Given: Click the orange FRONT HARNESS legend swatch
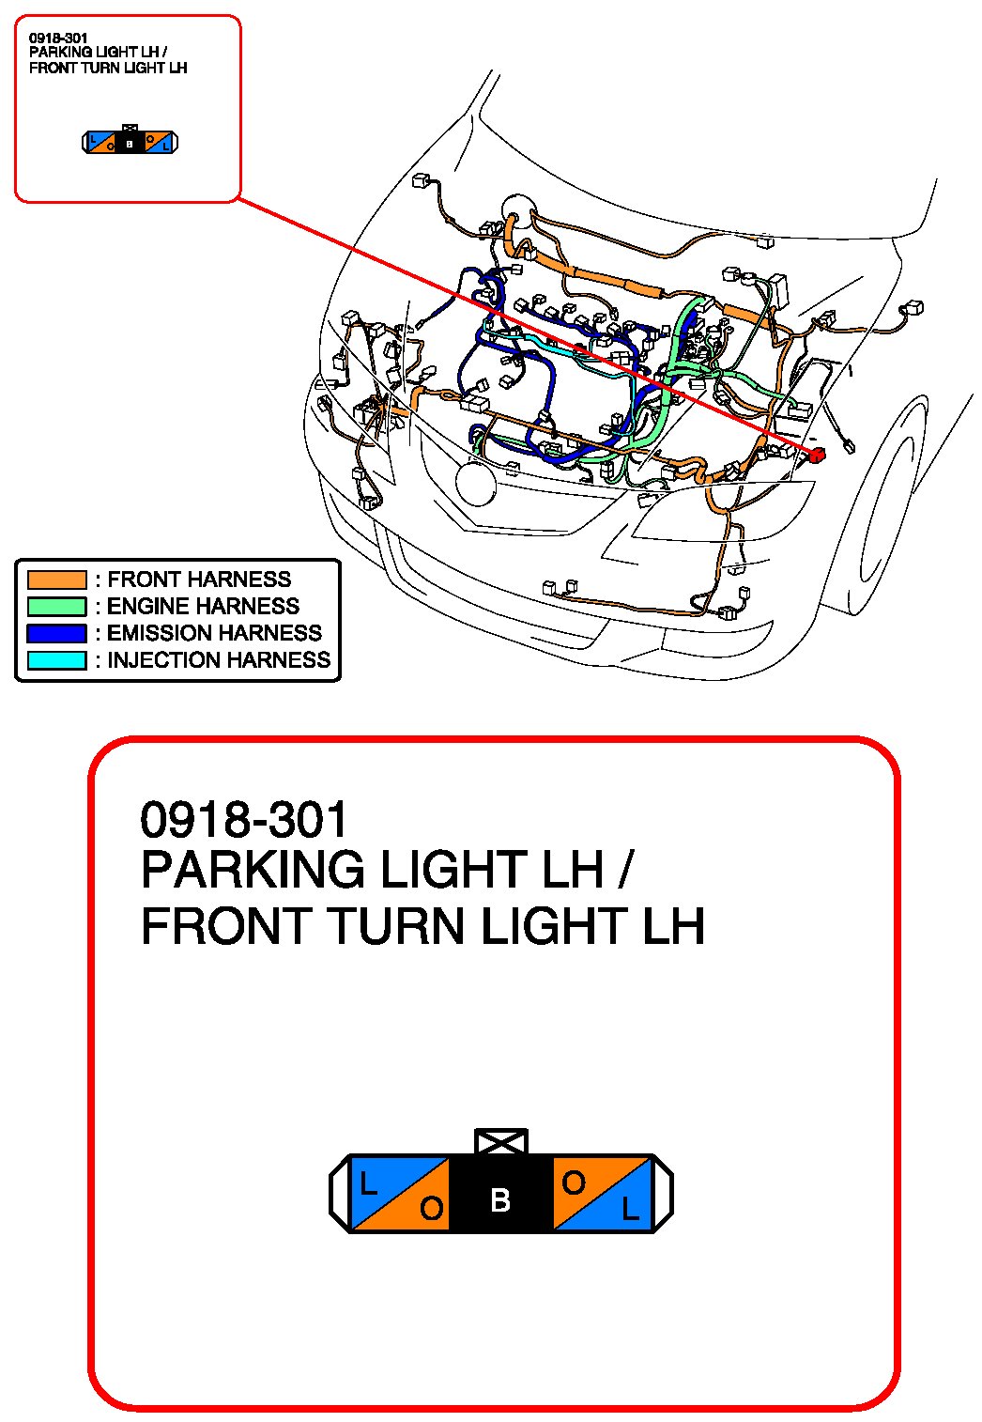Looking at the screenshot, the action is pos(56,580).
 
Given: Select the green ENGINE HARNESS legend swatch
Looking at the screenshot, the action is pos(56,607).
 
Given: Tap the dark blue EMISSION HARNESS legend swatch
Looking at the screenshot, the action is pos(56,633).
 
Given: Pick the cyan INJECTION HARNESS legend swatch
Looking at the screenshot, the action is pos(56,660).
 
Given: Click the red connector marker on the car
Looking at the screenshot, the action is pos(817,456).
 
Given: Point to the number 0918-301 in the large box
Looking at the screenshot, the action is pos(243,820).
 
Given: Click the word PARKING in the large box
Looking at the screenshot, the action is pos(253,870).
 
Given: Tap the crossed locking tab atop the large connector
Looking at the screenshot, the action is pos(501,1142).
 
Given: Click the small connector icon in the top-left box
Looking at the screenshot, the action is pos(130,142).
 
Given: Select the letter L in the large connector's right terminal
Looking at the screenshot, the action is pos(630,1210).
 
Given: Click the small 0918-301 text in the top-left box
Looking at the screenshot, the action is pos(58,39).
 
